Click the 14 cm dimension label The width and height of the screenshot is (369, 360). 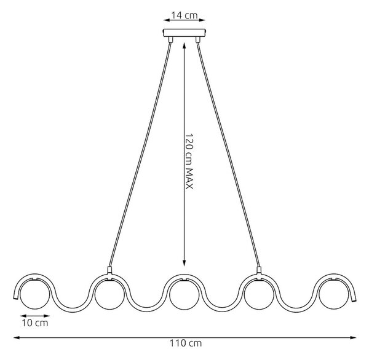184,15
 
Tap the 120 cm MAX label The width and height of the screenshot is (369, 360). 189,162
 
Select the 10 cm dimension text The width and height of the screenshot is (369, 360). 35,323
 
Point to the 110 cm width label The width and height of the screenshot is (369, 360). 186,343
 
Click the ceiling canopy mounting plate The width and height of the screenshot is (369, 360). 184,33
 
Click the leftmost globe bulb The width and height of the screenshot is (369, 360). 35,294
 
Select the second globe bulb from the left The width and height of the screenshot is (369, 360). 109,294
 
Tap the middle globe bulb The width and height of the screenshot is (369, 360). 184,294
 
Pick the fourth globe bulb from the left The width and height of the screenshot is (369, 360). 259,294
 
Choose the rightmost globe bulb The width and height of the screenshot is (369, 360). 333,294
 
